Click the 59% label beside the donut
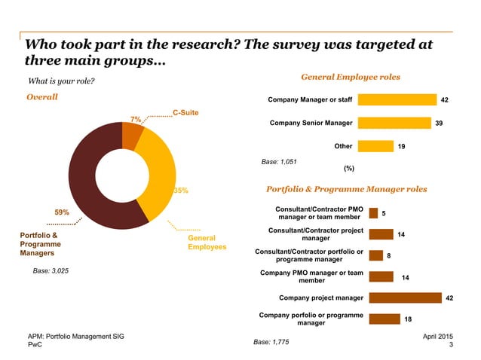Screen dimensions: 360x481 point(62,212)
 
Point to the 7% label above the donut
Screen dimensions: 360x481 point(135,119)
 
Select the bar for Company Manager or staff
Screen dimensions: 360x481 point(397,99)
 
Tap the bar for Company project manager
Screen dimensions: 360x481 point(405,297)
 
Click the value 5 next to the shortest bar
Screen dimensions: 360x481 point(384,213)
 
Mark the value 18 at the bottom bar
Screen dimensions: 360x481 point(407,319)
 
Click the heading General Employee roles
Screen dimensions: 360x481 point(351,77)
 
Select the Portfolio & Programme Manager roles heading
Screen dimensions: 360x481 point(346,189)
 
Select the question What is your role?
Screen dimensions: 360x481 point(60,81)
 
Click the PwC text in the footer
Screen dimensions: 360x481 point(35,344)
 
